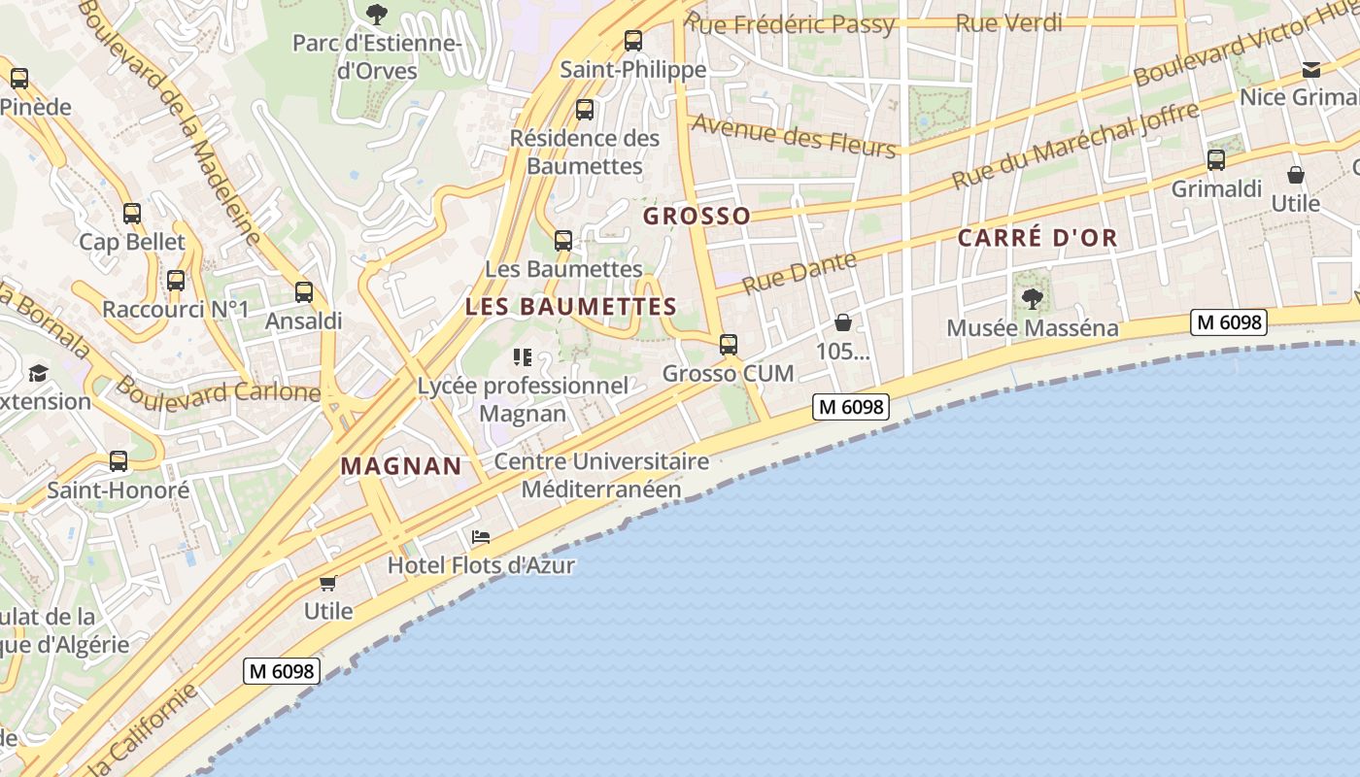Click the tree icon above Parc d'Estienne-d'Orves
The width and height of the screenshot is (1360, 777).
377,14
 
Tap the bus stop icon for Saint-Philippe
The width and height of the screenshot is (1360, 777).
633,40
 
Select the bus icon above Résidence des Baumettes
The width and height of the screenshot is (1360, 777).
585,110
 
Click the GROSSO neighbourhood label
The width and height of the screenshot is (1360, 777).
697,216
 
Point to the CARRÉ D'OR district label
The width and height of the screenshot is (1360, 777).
1037,238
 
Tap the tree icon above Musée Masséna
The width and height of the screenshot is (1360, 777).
1033,298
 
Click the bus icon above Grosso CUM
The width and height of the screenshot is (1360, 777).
729,344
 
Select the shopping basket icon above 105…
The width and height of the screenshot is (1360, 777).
843,322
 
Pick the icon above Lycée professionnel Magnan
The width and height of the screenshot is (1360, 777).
523,357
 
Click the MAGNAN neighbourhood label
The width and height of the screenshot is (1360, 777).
401,466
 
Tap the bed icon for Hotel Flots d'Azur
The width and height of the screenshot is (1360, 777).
481,536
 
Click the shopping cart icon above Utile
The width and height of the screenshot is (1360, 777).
328,583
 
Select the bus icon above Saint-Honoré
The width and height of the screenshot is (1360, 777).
119,461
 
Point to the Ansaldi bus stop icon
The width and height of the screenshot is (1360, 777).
304,291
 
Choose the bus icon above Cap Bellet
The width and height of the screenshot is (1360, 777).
132,214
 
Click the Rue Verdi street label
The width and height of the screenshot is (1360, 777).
1009,23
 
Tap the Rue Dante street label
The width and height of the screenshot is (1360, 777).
799,272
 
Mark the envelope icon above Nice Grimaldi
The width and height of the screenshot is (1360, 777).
1311,69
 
